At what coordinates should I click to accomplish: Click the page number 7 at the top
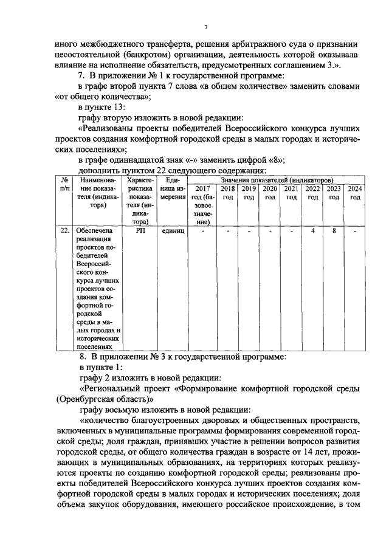point(205,27)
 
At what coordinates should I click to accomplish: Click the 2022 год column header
point(312,193)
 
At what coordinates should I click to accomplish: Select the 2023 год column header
point(334,193)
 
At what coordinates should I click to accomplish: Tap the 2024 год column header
point(355,193)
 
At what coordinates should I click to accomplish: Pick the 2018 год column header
point(227,193)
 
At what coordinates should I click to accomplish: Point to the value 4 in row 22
point(312,231)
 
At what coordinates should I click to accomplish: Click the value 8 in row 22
point(334,231)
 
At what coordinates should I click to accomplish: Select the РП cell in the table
point(139,231)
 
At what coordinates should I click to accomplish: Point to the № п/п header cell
point(64,185)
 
